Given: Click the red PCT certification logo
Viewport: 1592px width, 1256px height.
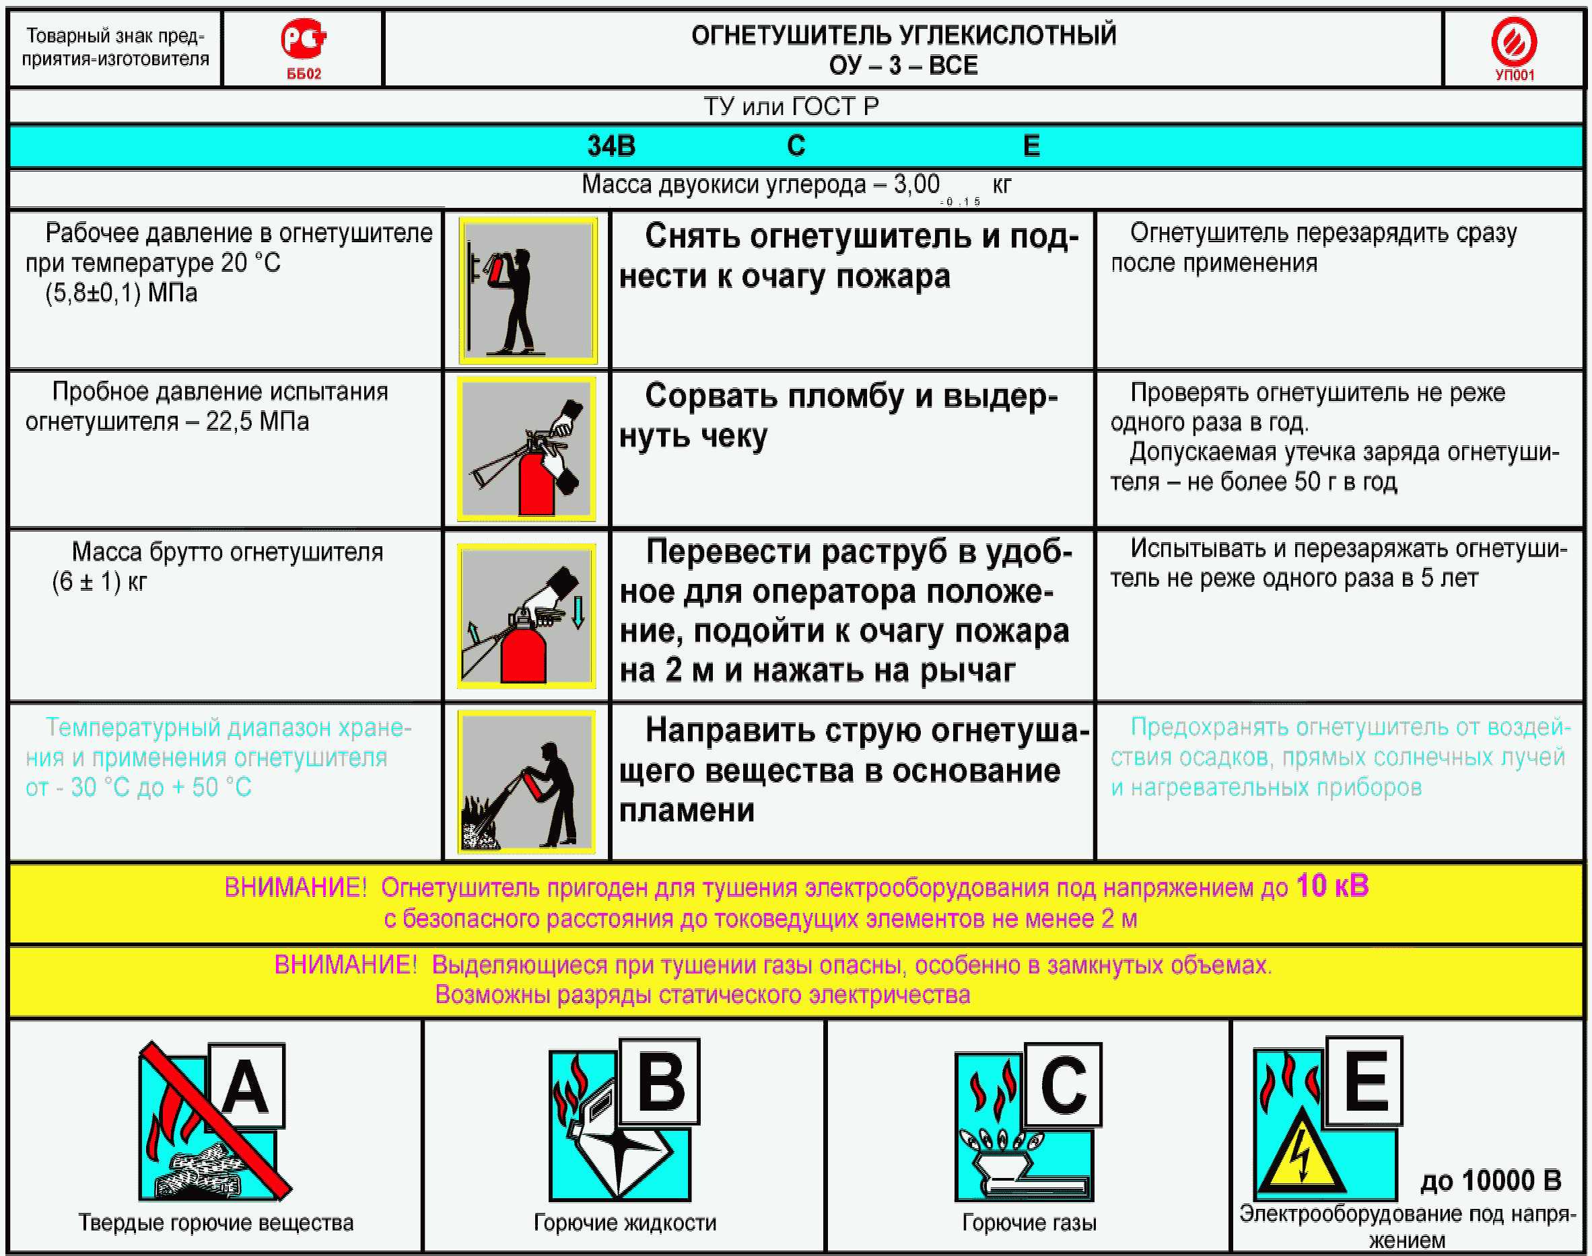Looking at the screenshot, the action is point(303,40).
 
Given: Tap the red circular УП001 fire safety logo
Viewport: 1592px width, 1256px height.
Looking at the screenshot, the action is point(1513,41).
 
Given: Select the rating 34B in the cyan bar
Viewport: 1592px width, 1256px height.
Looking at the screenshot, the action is point(611,145).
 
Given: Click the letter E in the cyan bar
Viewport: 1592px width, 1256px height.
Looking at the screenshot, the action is point(1031,145).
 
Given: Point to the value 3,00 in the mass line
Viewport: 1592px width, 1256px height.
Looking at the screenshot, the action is point(916,184).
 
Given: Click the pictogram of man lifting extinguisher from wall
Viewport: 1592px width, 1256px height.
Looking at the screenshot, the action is point(528,290).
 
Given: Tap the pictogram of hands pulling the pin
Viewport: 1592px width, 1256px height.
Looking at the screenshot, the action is point(526,449).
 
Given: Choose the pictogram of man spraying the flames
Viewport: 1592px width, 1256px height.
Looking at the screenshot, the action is point(526,782).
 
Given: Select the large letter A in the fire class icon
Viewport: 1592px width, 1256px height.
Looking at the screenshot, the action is point(245,1088).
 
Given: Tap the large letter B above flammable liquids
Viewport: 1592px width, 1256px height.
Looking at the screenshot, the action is point(660,1082).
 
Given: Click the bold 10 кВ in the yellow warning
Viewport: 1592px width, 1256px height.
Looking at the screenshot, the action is point(1332,885).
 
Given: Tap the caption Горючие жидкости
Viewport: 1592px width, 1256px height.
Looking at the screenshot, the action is point(625,1222).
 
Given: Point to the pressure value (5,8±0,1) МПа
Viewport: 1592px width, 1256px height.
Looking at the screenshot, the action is point(121,293).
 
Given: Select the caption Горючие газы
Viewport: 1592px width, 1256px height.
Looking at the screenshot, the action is point(1029,1222).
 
